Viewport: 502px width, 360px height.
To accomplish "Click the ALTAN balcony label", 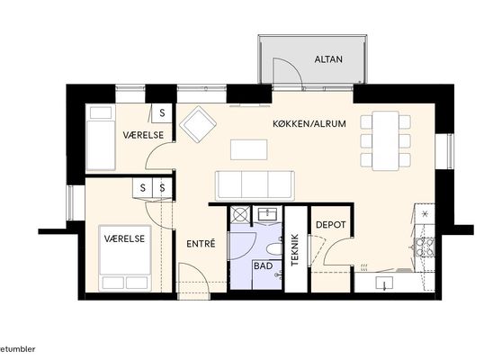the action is tap(328, 59).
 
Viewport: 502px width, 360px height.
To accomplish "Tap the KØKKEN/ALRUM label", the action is tap(309, 123).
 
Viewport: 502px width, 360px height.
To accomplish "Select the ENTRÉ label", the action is tap(201, 244).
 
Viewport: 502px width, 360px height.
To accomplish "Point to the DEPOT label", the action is tap(331, 224).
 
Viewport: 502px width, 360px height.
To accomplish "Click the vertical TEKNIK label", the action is tap(295, 250).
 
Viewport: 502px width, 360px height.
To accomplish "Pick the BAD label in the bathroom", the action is tap(264, 265).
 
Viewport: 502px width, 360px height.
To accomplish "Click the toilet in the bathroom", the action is tap(274, 249).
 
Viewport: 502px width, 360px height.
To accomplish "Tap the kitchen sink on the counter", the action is tap(384, 283).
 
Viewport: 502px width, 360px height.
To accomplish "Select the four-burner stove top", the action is tap(425, 247).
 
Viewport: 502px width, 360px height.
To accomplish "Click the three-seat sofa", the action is tap(255, 185).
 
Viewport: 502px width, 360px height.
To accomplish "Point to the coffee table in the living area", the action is tap(249, 149).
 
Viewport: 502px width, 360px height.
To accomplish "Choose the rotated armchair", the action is tap(198, 124).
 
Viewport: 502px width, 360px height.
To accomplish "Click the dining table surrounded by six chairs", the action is tap(385, 140).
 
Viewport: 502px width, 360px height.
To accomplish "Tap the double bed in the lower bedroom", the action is tap(125, 258).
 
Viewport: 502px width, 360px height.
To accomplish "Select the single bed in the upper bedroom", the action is tap(101, 138).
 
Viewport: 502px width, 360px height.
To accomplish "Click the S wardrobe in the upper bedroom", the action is tap(162, 112).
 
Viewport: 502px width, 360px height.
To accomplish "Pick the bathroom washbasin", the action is tap(267, 213).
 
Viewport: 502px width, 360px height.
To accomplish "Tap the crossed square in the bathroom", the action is tap(240, 214).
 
